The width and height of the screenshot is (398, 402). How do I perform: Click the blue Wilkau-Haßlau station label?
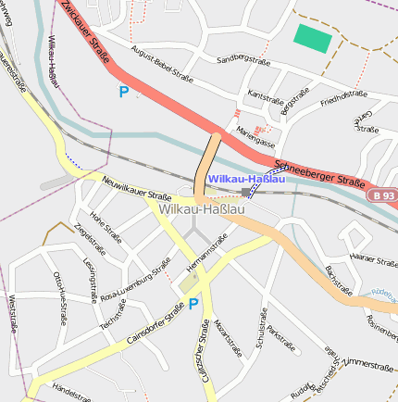coord(245,178)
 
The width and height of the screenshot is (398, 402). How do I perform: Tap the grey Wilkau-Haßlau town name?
coord(202,210)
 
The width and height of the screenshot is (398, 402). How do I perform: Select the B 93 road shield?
coord(384,196)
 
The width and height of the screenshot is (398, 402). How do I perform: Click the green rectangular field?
coord(312,39)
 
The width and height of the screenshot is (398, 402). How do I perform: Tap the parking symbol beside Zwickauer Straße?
coord(123,92)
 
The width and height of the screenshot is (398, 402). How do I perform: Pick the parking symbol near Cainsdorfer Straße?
coord(193,304)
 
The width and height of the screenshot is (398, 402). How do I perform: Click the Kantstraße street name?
coord(267,96)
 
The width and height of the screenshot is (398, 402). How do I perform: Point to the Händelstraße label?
coord(75,388)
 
